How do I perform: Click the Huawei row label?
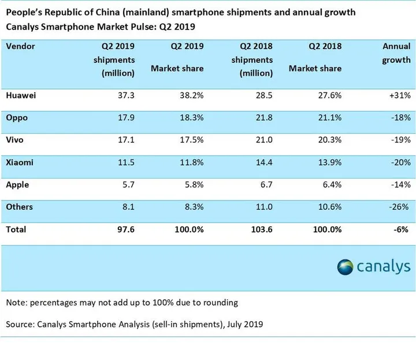tap(20, 95)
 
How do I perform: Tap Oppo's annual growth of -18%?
tap(399, 117)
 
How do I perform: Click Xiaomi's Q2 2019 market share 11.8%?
tap(191, 162)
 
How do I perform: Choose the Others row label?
tap(19, 207)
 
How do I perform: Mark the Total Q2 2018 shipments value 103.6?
tap(258, 229)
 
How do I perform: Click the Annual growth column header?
tap(396, 53)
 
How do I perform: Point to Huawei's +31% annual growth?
tap(399, 95)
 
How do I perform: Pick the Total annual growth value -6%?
tap(402, 229)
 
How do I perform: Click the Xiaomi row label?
tap(20, 162)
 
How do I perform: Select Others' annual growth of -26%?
tap(399, 207)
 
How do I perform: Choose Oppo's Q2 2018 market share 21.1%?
tap(327, 117)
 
